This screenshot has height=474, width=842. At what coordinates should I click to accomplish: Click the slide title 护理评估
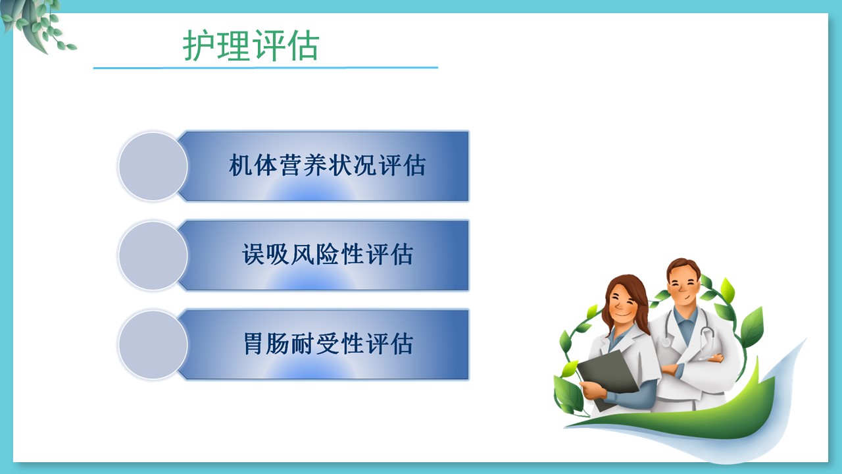point(251,45)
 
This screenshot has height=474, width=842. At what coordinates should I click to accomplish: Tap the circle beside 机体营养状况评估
point(153,167)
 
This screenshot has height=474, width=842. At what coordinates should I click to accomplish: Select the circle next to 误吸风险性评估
point(153,255)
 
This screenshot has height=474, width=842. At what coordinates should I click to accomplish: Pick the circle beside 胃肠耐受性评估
point(153,344)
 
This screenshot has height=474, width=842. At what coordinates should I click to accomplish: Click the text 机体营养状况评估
point(327,165)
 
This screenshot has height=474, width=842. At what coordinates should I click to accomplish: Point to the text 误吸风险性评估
point(327,254)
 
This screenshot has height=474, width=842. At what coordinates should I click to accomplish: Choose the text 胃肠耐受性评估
point(328,344)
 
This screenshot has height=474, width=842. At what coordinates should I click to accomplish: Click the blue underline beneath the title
point(265,68)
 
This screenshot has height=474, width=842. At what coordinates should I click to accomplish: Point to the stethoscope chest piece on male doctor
point(666,342)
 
